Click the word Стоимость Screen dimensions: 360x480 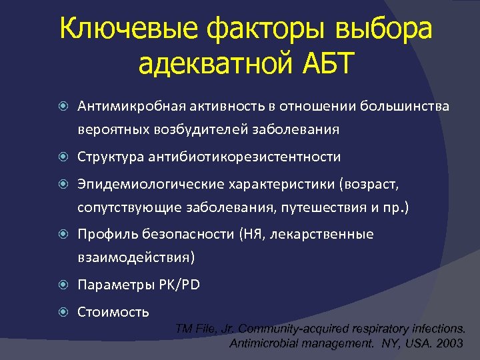coord(113,311)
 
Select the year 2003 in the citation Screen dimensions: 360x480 coord(447,344)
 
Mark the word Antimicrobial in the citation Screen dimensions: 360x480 coord(261,344)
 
